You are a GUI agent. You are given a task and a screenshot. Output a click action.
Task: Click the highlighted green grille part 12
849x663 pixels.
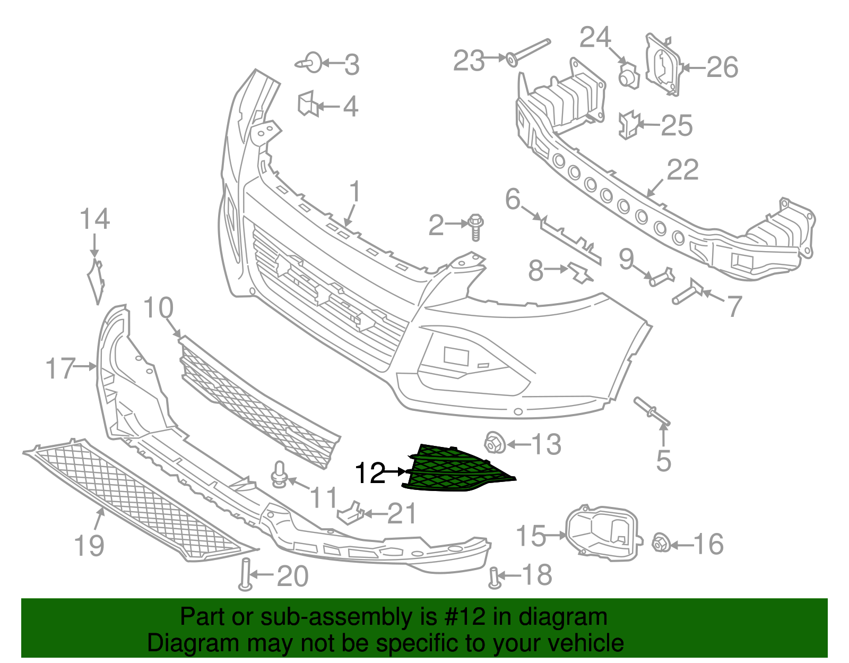point(456,470)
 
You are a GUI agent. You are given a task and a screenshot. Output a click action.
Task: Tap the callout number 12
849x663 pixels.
point(370,472)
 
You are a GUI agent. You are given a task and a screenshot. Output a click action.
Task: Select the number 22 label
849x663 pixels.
point(682,170)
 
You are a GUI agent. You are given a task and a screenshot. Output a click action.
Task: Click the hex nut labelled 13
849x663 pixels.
point(495,443)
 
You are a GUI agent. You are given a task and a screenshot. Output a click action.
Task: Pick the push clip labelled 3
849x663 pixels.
point(310,63)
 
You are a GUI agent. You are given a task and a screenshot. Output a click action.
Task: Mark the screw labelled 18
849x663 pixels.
point(493,578)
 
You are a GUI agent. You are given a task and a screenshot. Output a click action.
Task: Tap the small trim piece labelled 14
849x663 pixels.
point(96,281)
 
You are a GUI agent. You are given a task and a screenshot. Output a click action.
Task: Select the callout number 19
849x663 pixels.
point(89,545)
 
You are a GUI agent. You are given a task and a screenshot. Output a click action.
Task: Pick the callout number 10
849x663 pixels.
point(158,307)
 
